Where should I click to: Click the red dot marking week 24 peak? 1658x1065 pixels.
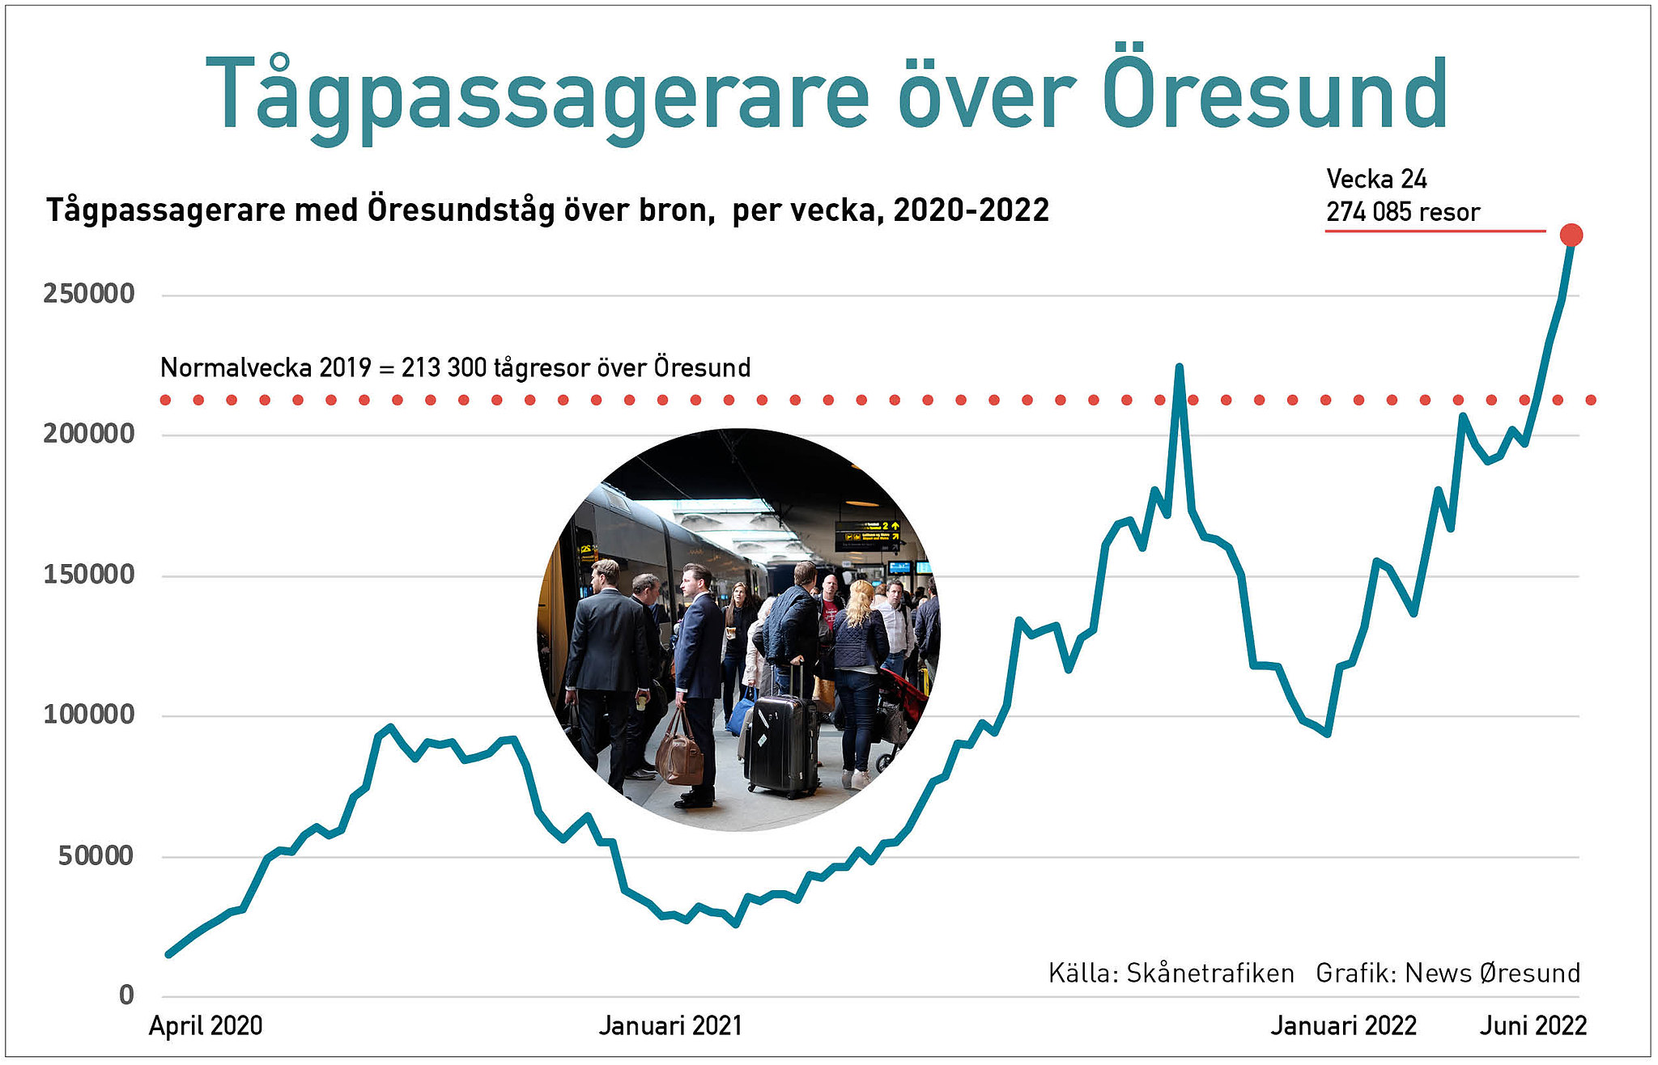tap(1571, 235)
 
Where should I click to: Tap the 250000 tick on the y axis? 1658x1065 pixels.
tap(89, 294)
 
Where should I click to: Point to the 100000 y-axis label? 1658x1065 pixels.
tap(89, 715)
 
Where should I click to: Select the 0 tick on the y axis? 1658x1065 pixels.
tap(126, 995)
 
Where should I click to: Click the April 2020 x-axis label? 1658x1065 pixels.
tap(206, 1026)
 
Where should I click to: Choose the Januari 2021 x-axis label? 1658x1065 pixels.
tap(670, 1026)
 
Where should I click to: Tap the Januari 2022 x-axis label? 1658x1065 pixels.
tap(1343, 1026)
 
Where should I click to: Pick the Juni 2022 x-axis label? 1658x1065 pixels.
tap(1533, 1026)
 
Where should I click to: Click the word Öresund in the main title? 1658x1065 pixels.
tap(1275, 95)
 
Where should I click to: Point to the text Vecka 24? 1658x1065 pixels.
tap(1376, 179)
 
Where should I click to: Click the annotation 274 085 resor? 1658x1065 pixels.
tap(1402, 212)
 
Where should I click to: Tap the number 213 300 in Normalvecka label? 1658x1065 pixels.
tap(444, 368)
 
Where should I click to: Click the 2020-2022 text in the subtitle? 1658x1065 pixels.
tap(971, 210)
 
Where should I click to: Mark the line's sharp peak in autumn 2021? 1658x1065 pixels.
tap(1179, 367)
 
